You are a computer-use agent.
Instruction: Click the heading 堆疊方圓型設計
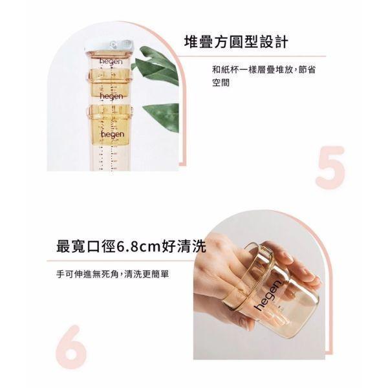pos(236,43)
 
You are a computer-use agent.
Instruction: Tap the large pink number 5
pos(330,167)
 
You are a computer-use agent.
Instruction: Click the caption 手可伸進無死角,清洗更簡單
pos(116,274)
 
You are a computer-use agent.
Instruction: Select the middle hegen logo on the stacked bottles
pos(111,96)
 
